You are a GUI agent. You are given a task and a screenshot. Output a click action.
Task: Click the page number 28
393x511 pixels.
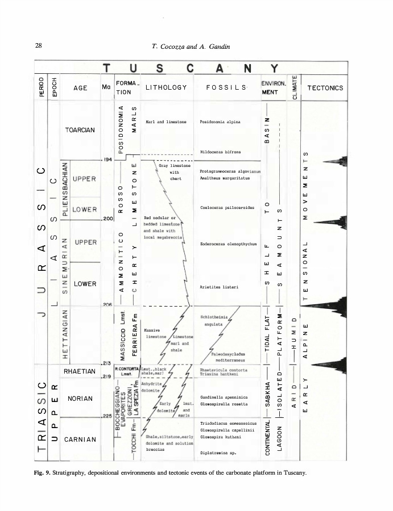(x=38, y=45)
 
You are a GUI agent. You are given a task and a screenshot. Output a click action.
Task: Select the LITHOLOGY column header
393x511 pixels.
(x=166, y=87)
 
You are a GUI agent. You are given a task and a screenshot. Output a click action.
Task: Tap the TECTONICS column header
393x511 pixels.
(x=325, y=88)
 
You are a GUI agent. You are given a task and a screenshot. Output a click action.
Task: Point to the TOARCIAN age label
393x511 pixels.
(x=80, y=129)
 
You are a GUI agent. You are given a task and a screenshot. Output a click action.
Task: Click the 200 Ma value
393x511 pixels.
(x=108, y=218)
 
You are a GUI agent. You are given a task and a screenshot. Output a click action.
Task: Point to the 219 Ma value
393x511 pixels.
(x=106, y=376)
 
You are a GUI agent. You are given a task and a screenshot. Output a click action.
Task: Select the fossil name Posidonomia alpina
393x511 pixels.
(x=221, y=122)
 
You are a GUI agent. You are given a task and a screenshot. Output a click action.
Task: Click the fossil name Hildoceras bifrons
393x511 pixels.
(x=221, y=152)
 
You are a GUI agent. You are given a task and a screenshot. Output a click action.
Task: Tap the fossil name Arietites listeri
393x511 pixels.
(x=221, y=287)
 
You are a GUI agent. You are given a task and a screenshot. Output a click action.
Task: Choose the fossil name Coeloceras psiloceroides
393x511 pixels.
(x=226, y=208)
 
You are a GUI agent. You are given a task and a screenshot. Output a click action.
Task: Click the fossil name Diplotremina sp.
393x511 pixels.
(x=220, y=453)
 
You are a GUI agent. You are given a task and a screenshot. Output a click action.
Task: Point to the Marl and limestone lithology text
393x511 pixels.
(x=167, y=122)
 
